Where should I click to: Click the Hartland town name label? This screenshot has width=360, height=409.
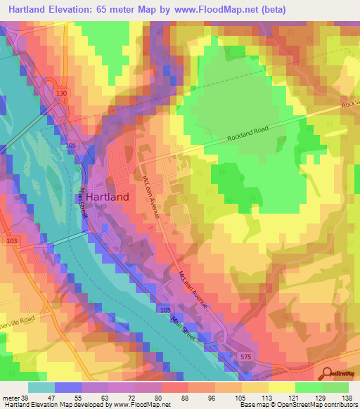tap(103, 197)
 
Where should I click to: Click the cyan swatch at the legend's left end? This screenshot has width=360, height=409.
tap(41, 387)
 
